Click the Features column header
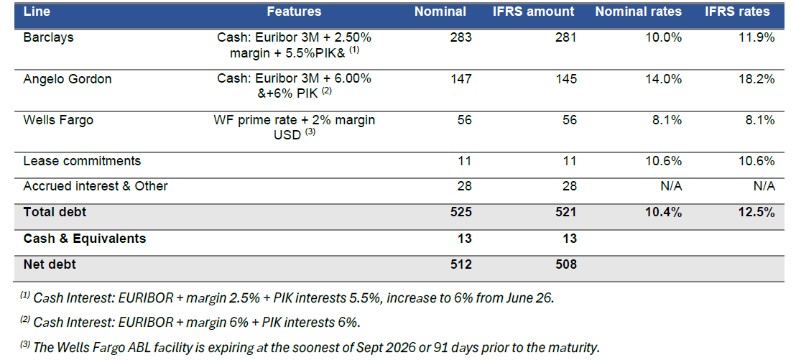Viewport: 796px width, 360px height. pyautogui.click(x=294, y=11)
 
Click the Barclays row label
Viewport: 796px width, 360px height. pyautogui.click(x=48, y=37)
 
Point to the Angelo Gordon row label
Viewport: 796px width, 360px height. pyautogui.click(x=68, y=79)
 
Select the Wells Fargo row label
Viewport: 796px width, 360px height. pyautogui.click(x=57, y=120)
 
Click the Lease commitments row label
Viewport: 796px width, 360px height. pyautogui.click(x=82, y=161)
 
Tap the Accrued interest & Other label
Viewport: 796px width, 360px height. pyautogui.click(x=96, y=186)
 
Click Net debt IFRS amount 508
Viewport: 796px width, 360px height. pyautogui.click(x=565, y=264)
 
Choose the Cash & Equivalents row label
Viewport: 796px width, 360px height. pyautogui.click(x=85, y=239)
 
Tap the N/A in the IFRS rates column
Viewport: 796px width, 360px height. pyautogui.click(x=764, y=186)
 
